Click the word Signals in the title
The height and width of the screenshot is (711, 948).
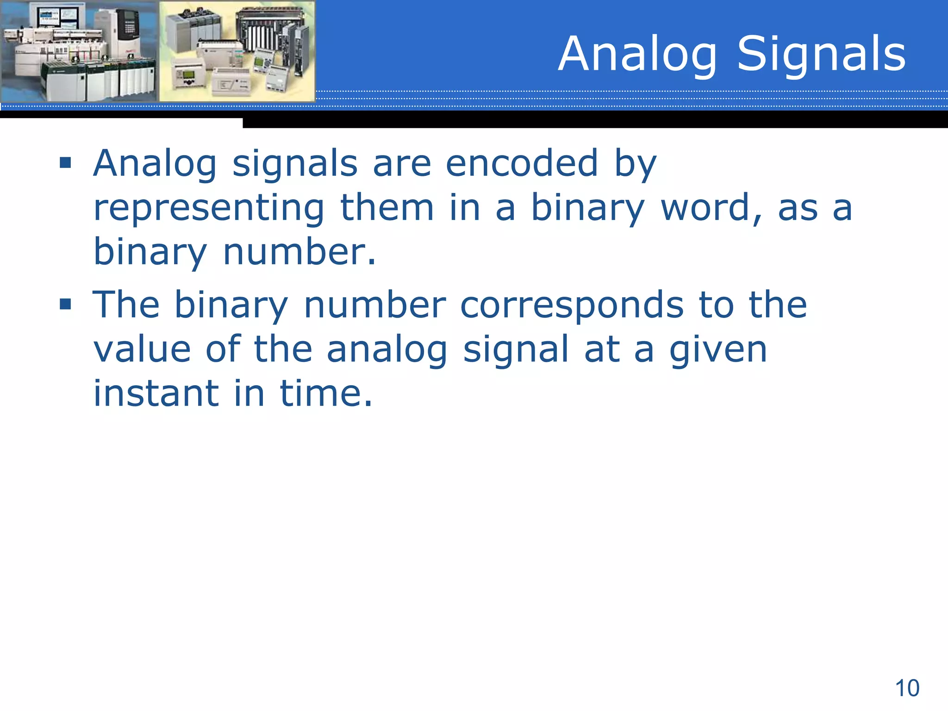coord(821,55)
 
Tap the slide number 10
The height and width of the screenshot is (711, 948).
coord(907,688)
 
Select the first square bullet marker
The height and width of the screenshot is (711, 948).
coord(65,163)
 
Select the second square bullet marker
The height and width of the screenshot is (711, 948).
coord(65,304)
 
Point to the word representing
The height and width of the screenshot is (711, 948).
coord(209,208)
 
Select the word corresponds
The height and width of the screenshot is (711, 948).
coord(572,306)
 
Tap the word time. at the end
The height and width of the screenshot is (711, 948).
coord(326,393)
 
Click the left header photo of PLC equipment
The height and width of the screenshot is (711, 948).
coord(79,51)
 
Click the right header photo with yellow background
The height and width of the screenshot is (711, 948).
coord(237,51)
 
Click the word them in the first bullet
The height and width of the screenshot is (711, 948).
coord(387,208)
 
